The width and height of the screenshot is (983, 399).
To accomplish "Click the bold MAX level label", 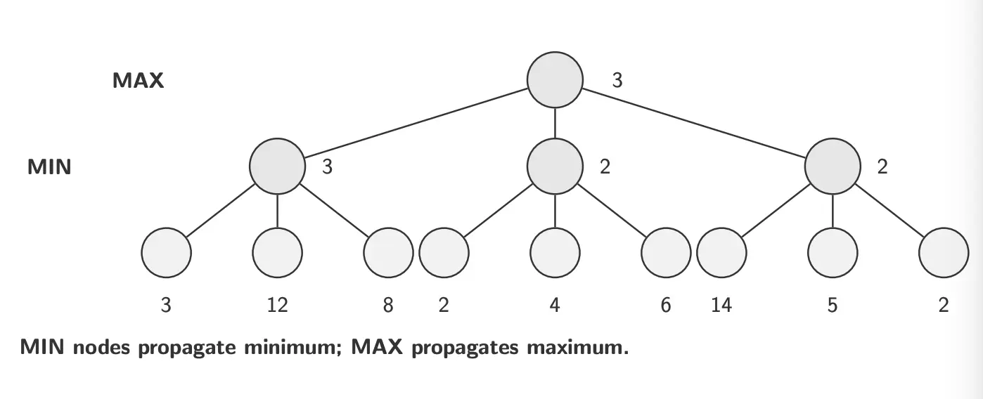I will click(x=138, y=80).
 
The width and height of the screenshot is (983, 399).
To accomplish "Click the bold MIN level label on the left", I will click(x=49, y=168).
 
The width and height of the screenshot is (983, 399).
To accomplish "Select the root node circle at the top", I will click(x=555, y=79).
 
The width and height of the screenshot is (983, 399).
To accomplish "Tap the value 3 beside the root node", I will click(x=617, y=80).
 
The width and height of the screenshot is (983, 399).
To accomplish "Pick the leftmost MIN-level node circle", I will click(x=277, y=166).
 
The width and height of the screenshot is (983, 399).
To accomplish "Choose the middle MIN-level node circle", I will click(x=555, y=166).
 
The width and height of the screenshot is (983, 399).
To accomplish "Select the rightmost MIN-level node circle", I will click(x=833, y=166).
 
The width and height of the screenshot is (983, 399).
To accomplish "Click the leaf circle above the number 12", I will click(x=277, y=252).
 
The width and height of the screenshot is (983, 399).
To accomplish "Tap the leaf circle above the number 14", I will click(x=722, y=252).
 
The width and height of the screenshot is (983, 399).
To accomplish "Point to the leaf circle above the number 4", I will click(x=555, y=252).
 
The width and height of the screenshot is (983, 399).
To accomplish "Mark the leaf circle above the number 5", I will click(x=833, y=252).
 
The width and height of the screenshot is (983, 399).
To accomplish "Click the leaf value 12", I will click(x=277, y=306).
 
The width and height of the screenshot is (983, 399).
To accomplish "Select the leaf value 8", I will click(x=388, y=306).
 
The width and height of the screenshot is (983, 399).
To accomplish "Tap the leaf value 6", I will click(x=666, y=306).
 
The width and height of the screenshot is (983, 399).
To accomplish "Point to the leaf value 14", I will click(x=722, y=306).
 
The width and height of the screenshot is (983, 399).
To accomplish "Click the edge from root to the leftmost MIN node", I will click(x=415, y=123).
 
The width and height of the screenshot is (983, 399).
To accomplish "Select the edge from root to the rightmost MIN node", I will click(x=696, y=124).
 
